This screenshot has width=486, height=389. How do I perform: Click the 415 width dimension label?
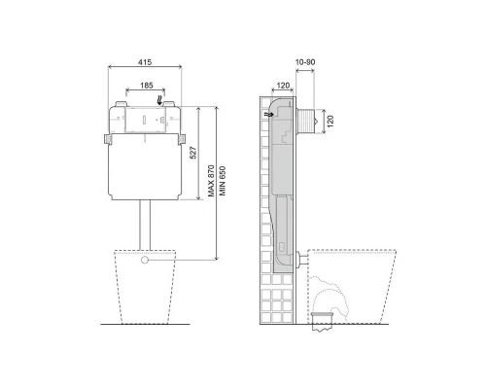tap(145, 62)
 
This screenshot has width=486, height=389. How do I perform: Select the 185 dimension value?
tap(147, 86)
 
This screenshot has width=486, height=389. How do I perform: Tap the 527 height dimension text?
tap(192, 153)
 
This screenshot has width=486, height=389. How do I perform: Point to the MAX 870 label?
tap(211, 181)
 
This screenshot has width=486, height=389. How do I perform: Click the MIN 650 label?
tap(223, 181)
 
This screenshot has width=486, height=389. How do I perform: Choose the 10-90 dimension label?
tap(305, 62)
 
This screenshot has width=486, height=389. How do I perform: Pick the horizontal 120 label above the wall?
tap(283, 86)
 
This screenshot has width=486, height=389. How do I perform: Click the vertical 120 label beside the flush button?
tap(330, 122)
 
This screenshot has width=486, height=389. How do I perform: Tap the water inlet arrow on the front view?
tap(159, 100)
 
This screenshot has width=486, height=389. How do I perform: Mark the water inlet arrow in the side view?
tap(268, 115)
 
